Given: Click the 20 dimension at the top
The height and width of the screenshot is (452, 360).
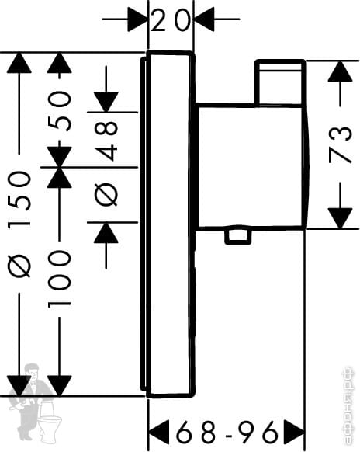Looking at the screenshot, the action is coord(171,19).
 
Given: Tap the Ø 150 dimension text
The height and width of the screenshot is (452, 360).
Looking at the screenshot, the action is coord(19,224).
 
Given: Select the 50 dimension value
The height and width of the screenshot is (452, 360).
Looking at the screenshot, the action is coord(59,111).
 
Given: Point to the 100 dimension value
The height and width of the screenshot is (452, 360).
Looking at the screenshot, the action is coord(59,279).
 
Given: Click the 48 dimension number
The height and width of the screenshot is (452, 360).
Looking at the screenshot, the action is coord(106,141).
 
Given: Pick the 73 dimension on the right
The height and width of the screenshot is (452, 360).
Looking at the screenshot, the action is coord(341,144).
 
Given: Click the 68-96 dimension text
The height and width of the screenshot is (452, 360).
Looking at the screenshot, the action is coord(227,433).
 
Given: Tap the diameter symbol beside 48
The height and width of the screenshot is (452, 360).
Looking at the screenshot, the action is coord(106,193).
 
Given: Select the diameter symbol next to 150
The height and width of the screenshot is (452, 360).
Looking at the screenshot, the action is coord(19,265).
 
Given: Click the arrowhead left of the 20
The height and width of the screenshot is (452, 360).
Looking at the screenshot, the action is coord(137,19).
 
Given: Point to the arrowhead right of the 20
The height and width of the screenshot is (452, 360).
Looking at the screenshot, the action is coord(205,19).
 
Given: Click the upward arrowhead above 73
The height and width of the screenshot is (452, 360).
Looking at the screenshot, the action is coord(341,71).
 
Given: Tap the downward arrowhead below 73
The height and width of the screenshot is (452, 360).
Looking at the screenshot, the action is coord(341,218).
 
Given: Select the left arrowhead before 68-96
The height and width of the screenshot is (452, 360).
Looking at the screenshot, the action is coord(159,432).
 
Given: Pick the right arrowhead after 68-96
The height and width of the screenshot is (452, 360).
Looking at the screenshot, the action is coord(294,432).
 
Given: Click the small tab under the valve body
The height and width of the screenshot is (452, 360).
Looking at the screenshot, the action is coord(237,236).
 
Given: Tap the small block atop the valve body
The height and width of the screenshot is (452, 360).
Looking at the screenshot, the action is coord(280,82).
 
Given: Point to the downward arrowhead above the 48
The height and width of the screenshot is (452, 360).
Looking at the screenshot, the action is coord(106,102).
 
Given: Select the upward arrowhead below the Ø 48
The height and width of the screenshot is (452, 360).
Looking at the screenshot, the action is coord(106,233).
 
